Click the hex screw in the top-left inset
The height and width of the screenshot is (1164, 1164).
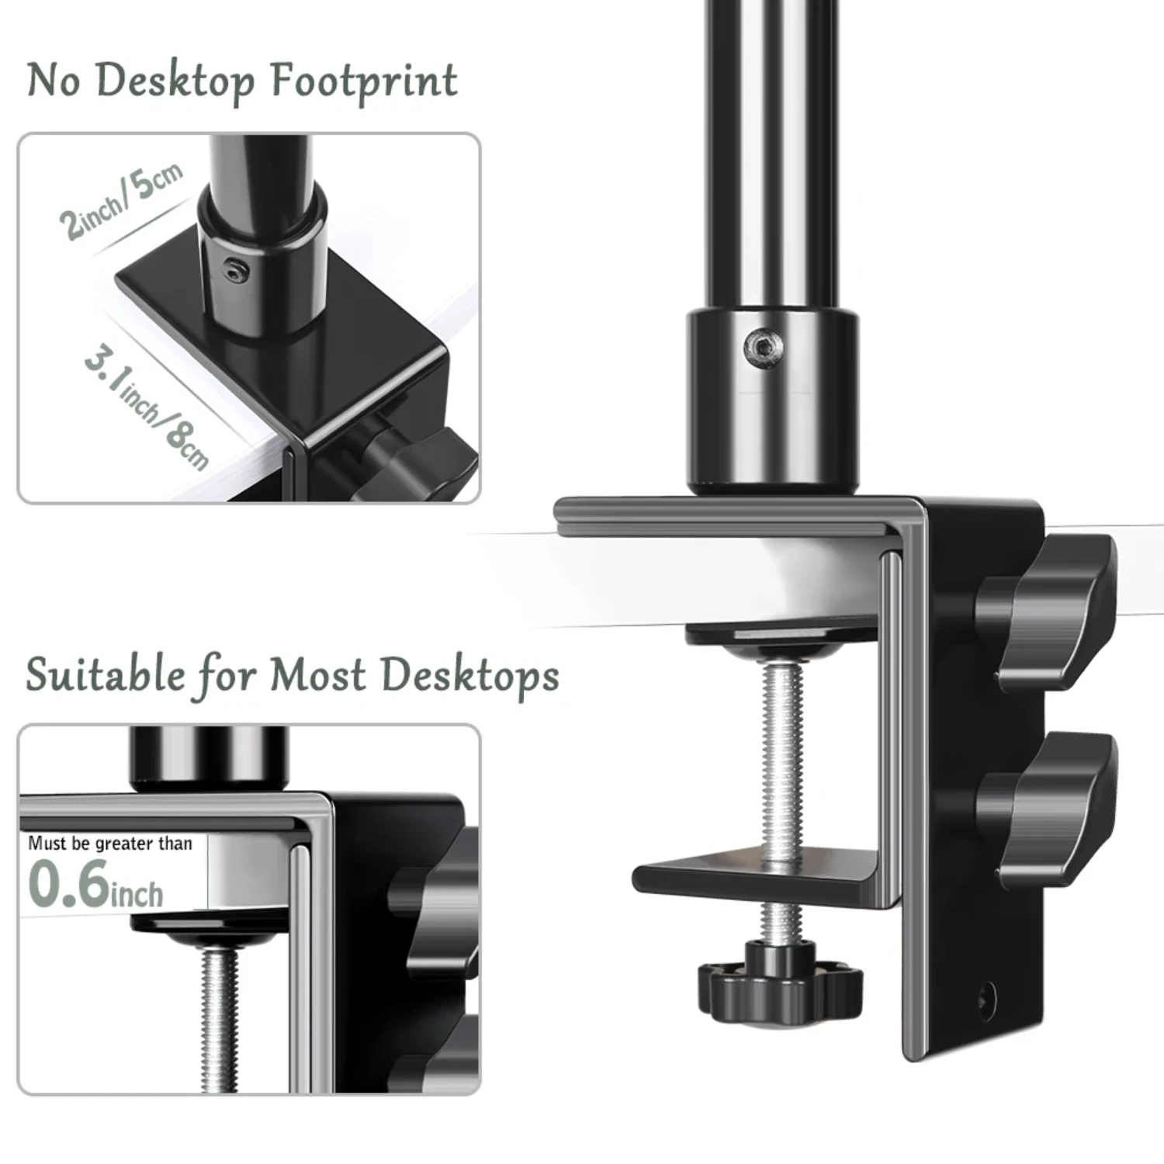coord(235,271)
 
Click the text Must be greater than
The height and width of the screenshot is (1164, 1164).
coord(110,844)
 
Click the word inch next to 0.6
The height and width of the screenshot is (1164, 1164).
coord(137,894)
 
